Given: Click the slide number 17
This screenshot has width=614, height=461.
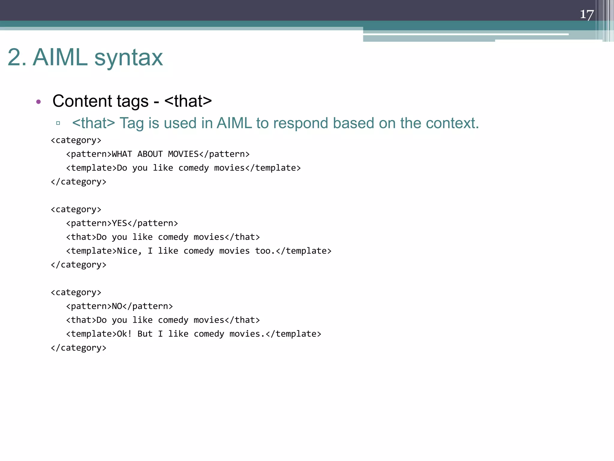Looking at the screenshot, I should (586, 14).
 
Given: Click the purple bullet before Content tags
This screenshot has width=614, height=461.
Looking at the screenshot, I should (38, 102).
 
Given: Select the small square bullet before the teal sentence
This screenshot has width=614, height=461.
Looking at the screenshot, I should (58, 123).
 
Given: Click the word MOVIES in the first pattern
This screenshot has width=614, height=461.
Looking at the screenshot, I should (183, 154).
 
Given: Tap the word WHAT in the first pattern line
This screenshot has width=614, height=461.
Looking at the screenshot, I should (122, 154).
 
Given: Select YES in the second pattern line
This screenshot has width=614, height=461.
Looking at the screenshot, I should (119, 223).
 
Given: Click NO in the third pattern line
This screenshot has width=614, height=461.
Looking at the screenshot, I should (117, 306).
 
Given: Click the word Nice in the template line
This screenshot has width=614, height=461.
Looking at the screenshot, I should (127, 251).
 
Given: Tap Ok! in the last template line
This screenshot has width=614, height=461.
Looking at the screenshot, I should (124, 334).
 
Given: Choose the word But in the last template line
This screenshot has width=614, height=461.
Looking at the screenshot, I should (145, 334).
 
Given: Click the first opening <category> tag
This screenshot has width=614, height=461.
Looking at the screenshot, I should (76, 140).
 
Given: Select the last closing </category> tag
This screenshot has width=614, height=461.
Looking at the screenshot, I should (79, 348).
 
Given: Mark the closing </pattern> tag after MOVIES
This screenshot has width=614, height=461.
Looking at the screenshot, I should (224, 154).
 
